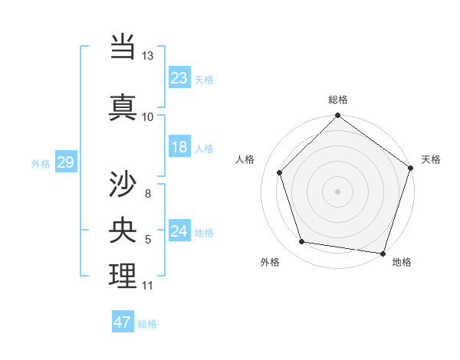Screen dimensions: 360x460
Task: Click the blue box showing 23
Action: click(179, 78)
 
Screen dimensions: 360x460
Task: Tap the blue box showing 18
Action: click(179, 147)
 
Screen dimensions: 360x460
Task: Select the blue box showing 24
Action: click(179, 232)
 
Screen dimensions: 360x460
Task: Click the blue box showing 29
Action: click(65, 162)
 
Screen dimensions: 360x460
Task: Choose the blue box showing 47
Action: click(123, 322)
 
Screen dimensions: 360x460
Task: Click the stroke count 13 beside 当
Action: click(147, 57)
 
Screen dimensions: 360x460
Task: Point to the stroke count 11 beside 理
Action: click(147, 286)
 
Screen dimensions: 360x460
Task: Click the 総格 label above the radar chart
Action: click(337, 100)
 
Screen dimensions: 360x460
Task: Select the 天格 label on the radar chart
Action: click(431, 159)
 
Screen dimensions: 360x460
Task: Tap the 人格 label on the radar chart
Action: click(245, 159)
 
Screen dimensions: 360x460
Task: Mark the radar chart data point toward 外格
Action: click(302, 242)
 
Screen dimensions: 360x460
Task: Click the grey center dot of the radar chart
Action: click(337, 191)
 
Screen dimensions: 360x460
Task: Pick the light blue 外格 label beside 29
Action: click(41, 163)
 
